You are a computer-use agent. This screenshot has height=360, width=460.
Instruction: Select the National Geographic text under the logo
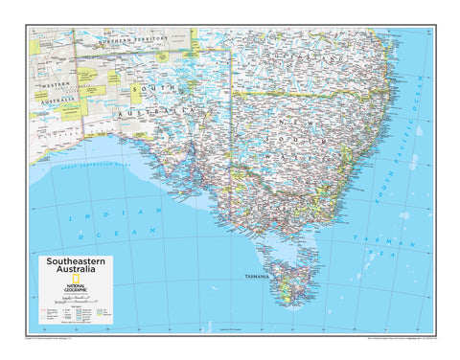pos(75,287)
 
